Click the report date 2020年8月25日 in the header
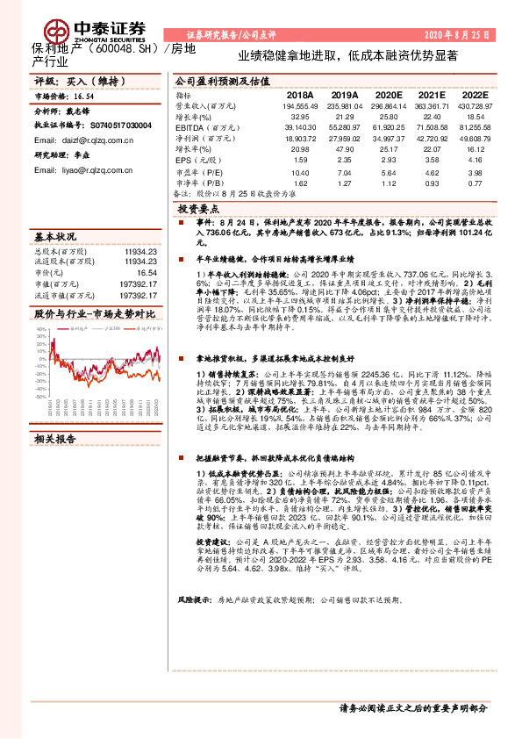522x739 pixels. (x=456, y=34)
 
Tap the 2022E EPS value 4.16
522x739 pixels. (x=475, y=160)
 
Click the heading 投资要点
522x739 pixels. (x=197, y=211)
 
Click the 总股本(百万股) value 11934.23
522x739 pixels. (x=140, y=251)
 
